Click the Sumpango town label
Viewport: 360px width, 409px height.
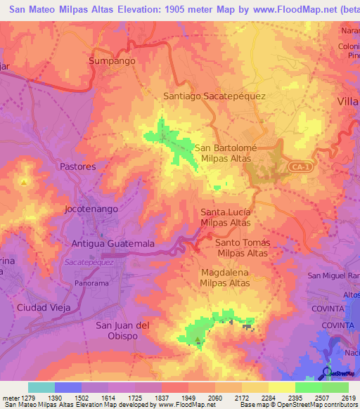[x=111, y=61]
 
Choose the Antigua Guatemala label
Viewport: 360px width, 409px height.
[x=113, y=243]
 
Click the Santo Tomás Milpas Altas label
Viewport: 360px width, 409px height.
[x=243, y=247]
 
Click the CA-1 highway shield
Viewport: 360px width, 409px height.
[x=299, y=167]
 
